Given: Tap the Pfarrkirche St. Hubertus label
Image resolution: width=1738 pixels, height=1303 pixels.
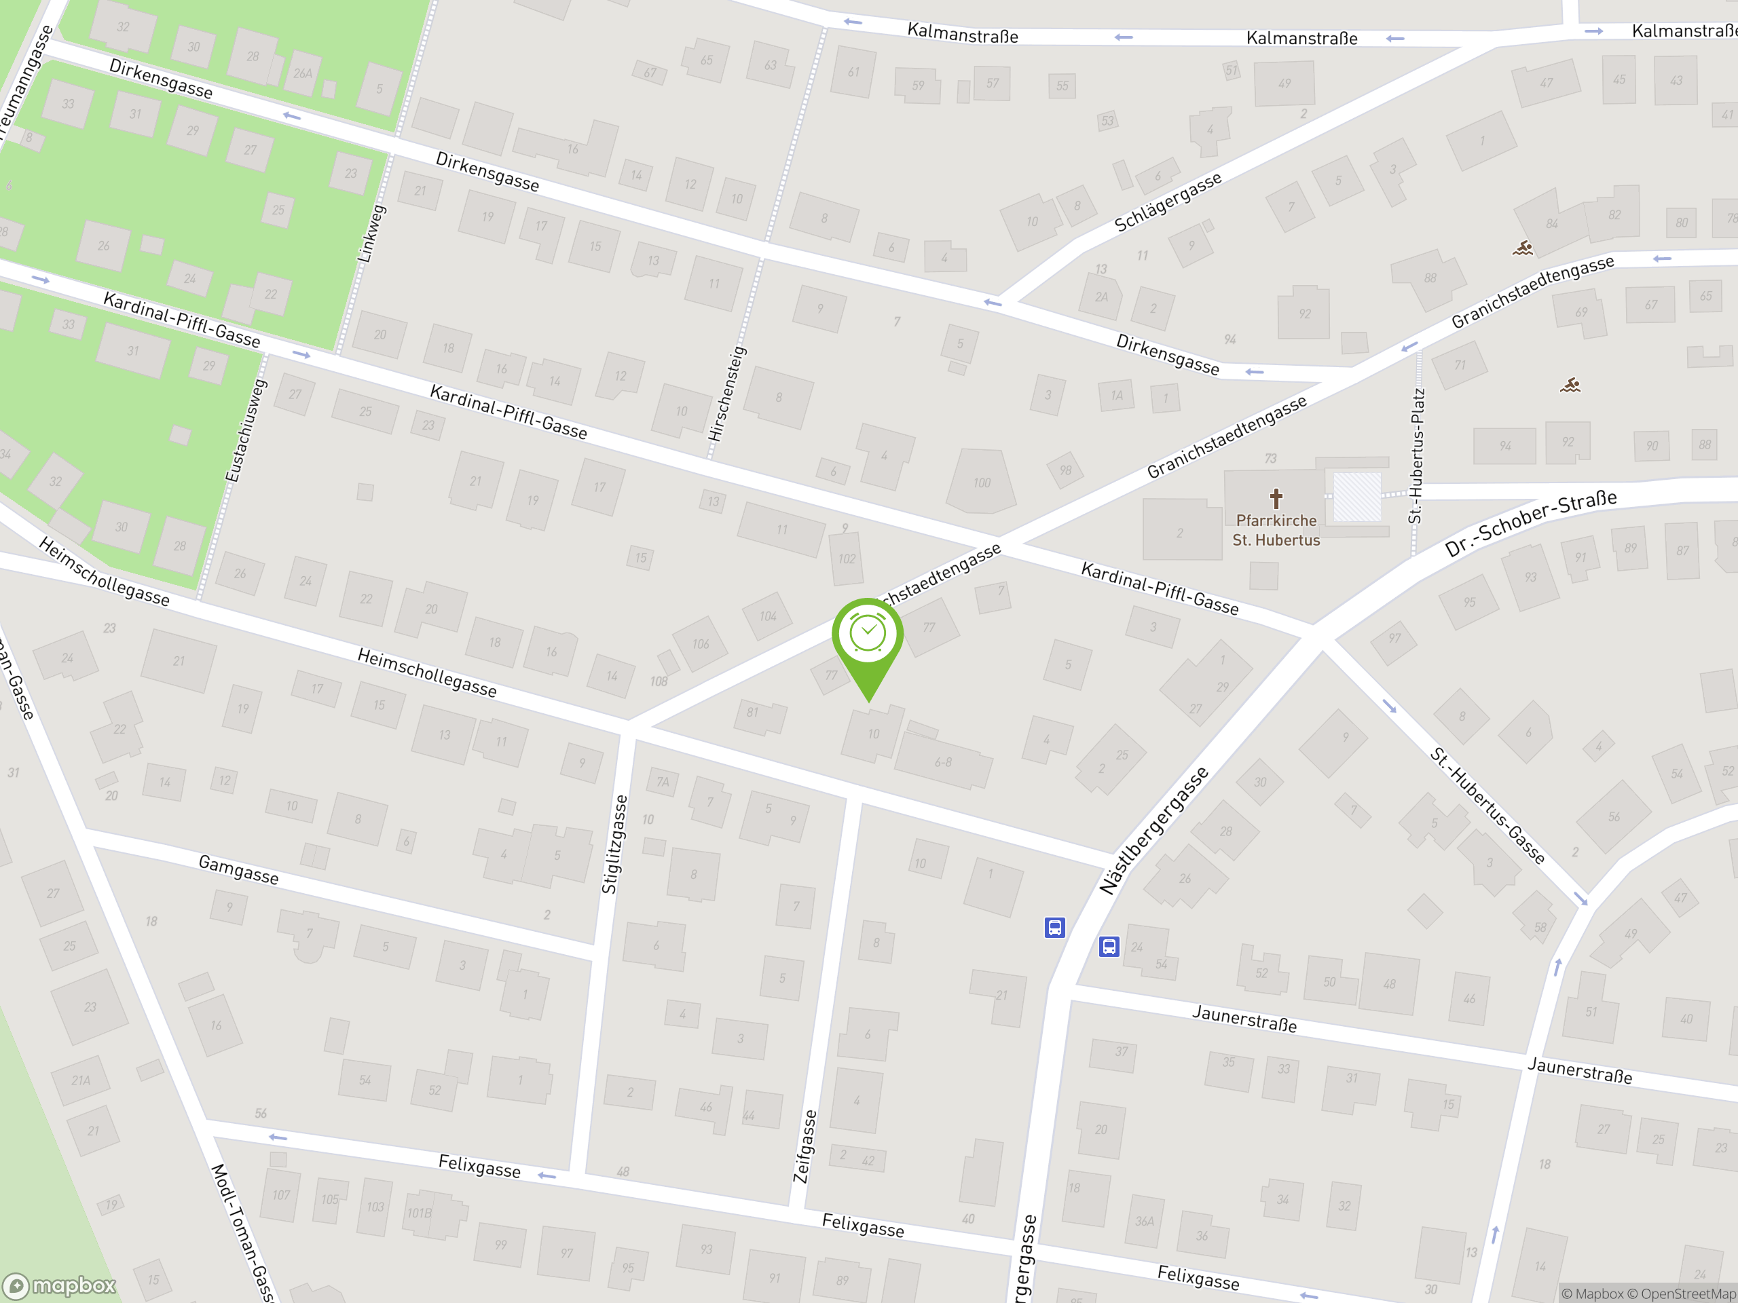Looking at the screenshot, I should [1275, 530].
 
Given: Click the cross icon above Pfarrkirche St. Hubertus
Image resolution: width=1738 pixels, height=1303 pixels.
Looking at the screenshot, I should [1276, 498].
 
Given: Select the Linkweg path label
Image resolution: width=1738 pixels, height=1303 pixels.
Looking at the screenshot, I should [371, 234].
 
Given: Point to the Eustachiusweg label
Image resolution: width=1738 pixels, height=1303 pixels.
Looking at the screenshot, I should [246, 431].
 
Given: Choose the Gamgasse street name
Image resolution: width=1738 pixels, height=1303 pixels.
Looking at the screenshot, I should [238, 869].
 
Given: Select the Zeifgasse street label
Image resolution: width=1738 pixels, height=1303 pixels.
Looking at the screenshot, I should [805, 1146].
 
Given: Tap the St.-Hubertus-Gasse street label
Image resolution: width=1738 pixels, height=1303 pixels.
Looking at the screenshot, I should [1487, 805].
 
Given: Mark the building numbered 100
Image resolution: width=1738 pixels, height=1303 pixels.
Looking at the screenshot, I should [981, 483].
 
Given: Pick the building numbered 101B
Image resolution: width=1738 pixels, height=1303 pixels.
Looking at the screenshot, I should [420, 1213].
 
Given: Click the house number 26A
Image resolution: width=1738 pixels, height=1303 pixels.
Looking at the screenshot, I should [303, 73].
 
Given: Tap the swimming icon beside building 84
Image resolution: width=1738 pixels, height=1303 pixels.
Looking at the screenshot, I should [1523, 249].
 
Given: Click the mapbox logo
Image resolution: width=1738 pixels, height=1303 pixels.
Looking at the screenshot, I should [60, 1286].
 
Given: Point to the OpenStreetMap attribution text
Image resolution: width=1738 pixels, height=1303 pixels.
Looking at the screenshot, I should [1688, 1293].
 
